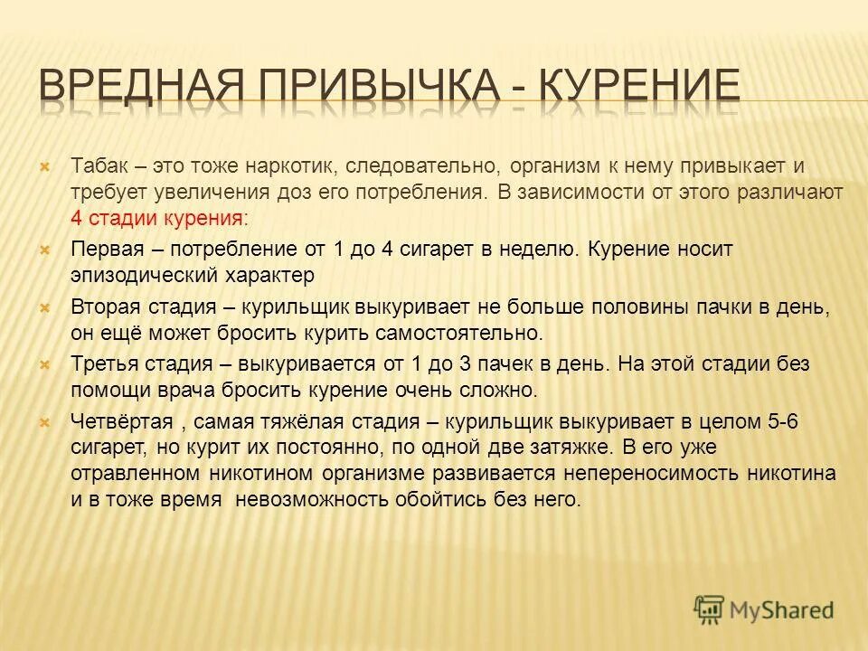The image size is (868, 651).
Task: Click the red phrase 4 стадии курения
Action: click(x=156, y=218)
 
